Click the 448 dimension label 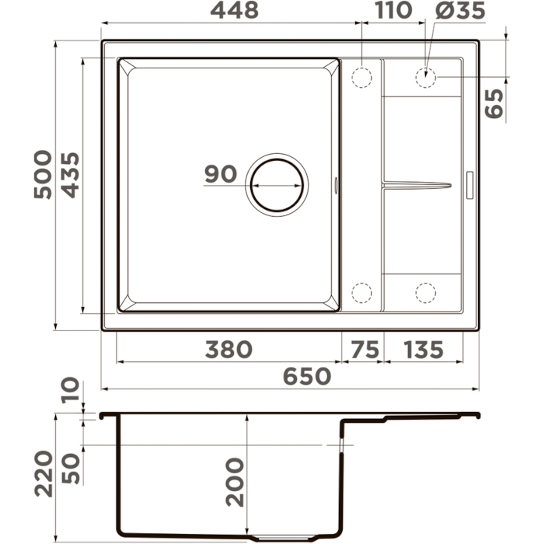pyautogui.click(x=235, y=10)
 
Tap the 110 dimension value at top pyautogui.click(x=393, y=10)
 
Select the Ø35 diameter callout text pyautogui.click(x=460, y=10)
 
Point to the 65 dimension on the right pyautogui.click(x=494, y=103)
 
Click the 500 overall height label pyautogui.click(x=43, y=174)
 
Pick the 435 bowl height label pyautogui.click(x=71, y=175)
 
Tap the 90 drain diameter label pyautogui.click(x=221, y=174)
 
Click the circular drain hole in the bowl pyautogui.click(x=277, y=185)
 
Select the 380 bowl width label pyautogui.click(x=228, y=350)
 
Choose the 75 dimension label pyautogui.click(x=365, y=350)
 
